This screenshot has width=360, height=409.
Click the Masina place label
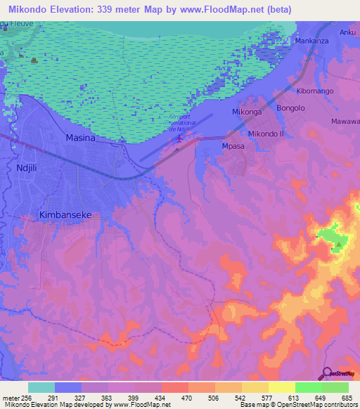pyautogui.click(x=79, y=138)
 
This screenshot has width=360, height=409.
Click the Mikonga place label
pyautogui.click(x=247, y=112)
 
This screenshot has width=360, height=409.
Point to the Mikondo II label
pyautogui.click(x=266, y=134)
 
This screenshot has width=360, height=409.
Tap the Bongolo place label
pyautogui.click(x=290, y=108)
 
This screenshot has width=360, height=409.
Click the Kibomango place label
pyautogui.click(x=315, y=91)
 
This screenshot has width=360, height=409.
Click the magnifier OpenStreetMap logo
pyautogui.click(x=327, y=374)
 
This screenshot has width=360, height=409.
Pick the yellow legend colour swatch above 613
pyautogui.click(x=282, y=387)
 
